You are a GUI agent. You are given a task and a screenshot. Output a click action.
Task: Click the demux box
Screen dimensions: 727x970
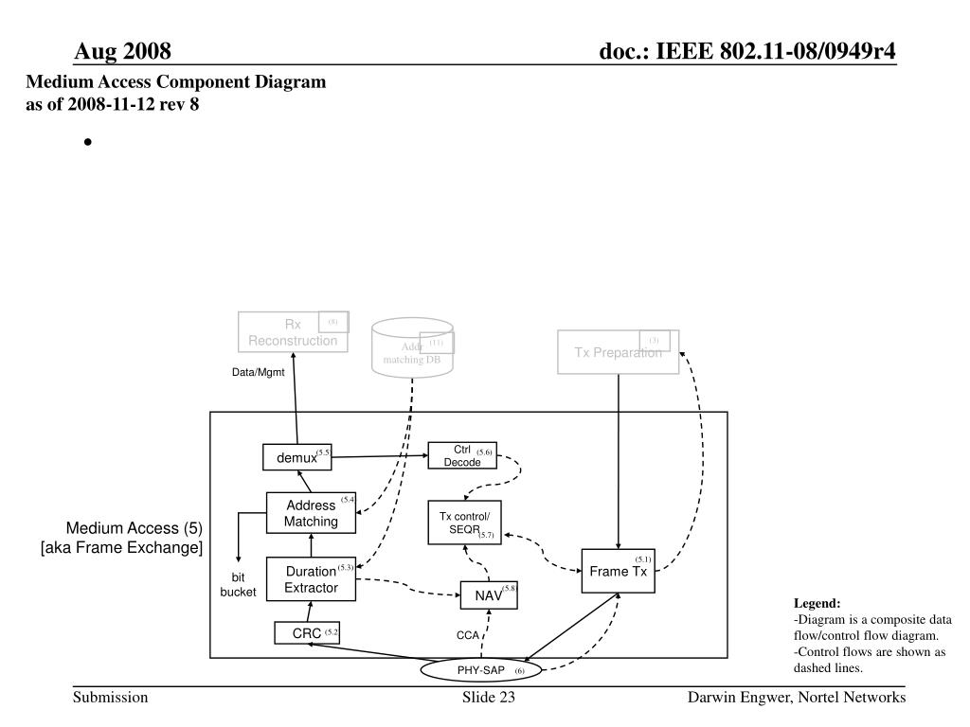coord(297,458)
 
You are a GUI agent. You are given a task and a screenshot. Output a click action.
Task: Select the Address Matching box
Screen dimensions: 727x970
coord(311,514)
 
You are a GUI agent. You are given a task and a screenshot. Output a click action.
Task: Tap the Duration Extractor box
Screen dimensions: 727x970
coord(311,579)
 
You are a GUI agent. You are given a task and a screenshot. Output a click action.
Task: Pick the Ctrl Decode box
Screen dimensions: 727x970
coord(462,455)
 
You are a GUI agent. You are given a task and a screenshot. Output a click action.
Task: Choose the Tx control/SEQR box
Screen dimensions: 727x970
coord(464,523)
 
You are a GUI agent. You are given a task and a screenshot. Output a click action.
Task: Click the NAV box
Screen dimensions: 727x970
coord(489,595)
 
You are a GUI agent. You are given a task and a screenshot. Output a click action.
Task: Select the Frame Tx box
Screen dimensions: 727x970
coord(619,571)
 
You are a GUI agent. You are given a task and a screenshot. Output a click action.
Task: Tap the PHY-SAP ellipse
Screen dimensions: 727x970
coord(481,671)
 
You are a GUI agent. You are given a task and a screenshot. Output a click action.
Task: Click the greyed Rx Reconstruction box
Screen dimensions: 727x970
coord(293,332)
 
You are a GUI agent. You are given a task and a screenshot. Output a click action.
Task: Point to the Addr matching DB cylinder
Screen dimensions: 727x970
coord(412,346)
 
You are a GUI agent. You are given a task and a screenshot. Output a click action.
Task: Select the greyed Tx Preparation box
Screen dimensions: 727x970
coord(618,352)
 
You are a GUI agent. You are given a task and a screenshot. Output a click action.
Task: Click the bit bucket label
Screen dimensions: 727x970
coord(239,584)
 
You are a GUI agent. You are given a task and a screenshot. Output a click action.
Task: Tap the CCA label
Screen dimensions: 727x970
coord(468,635)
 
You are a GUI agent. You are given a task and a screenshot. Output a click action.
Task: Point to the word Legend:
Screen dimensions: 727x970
coord(817,603)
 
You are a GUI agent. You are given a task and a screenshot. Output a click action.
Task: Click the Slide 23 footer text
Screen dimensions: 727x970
coord(488,698)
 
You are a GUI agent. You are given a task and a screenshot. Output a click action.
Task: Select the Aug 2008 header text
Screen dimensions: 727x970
coord(123,51)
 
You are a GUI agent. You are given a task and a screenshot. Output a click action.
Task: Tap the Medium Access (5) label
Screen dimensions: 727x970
coord(134,528)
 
